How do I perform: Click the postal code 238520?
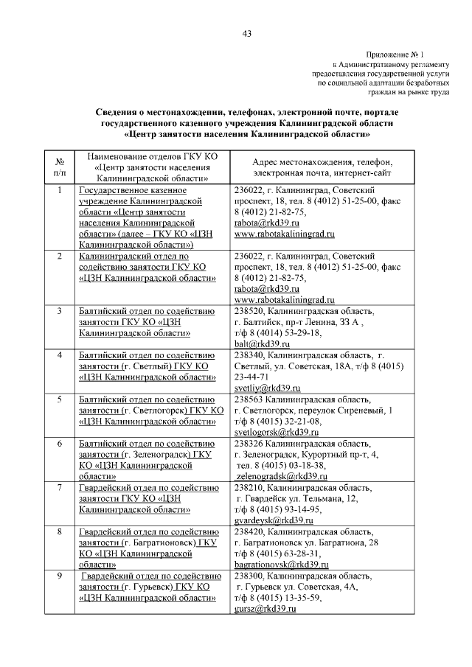click(x=249, y=311)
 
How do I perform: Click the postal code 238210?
click(x=249, y=488)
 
